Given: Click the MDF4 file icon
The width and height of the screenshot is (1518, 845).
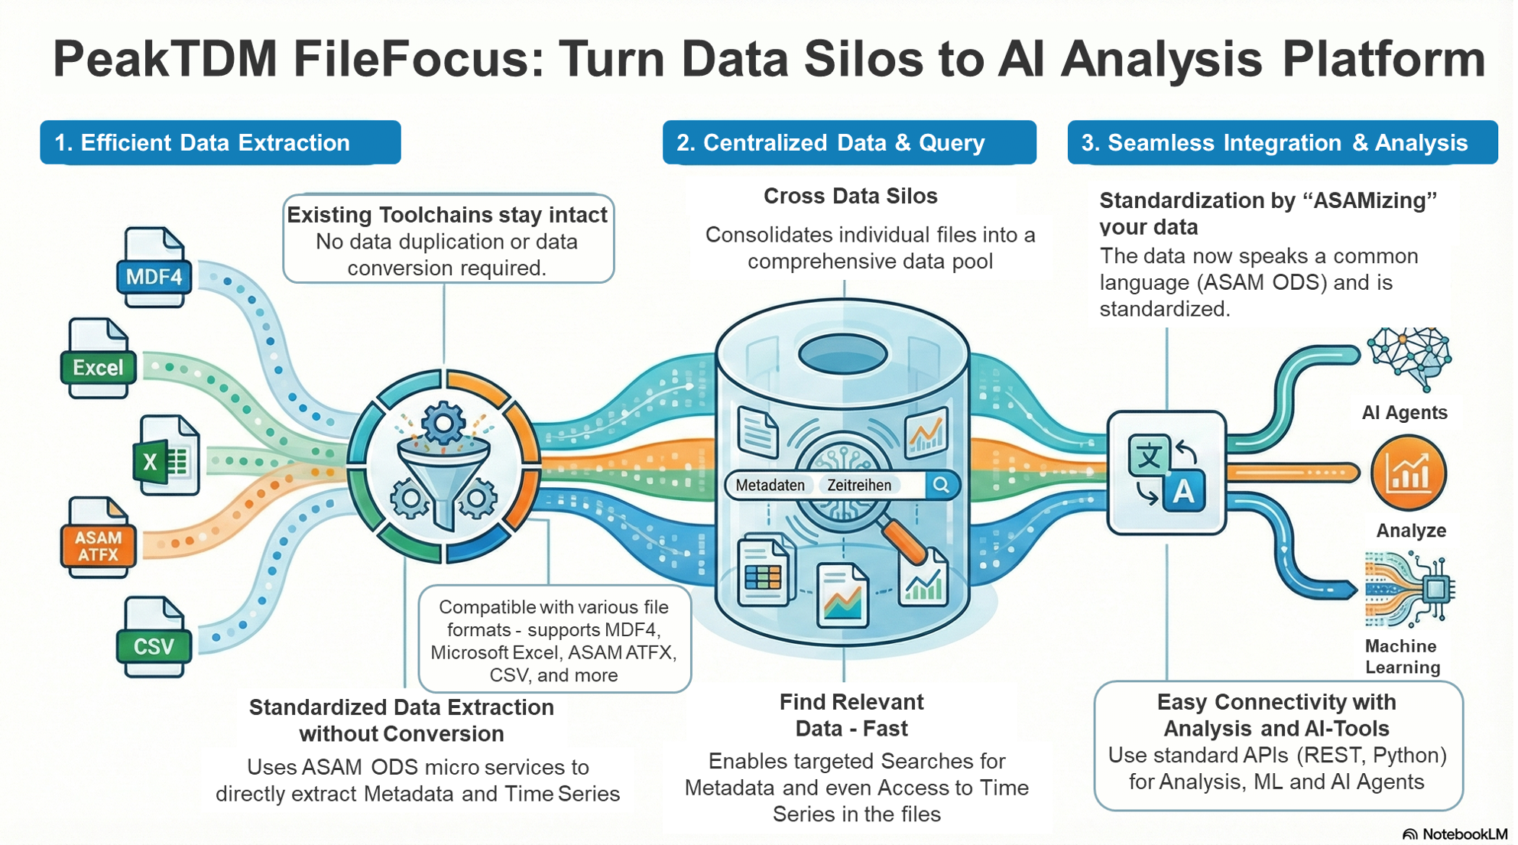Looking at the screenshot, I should (154, 268).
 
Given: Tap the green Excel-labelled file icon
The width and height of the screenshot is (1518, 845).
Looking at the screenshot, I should (99, 359).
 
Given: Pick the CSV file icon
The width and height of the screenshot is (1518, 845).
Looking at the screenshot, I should (154, 638).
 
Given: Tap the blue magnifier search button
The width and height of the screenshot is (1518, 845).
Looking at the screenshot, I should (941, 485).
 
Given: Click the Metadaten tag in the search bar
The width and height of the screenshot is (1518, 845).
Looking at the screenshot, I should (770, 485).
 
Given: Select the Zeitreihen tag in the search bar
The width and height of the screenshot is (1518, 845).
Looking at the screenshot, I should (859, 485).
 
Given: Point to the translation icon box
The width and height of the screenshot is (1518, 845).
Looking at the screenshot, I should (1166, 472).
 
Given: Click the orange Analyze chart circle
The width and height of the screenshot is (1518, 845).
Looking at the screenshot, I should (1408, 473).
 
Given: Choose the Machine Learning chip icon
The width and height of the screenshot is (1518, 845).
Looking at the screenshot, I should (1410, 590).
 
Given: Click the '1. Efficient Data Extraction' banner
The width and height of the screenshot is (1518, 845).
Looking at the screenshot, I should (220, 142).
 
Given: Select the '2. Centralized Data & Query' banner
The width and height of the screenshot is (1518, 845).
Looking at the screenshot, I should (849, 142).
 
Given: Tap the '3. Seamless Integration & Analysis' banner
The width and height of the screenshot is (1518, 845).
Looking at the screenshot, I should (1282, 142).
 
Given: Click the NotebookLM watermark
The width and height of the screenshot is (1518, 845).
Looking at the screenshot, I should (1455, 834).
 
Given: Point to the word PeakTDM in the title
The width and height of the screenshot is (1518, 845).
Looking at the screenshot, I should (164, 59).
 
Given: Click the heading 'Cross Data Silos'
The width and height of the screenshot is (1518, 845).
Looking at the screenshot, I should (850, 196).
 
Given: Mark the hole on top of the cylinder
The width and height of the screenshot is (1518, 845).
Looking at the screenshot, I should (842, 354).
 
